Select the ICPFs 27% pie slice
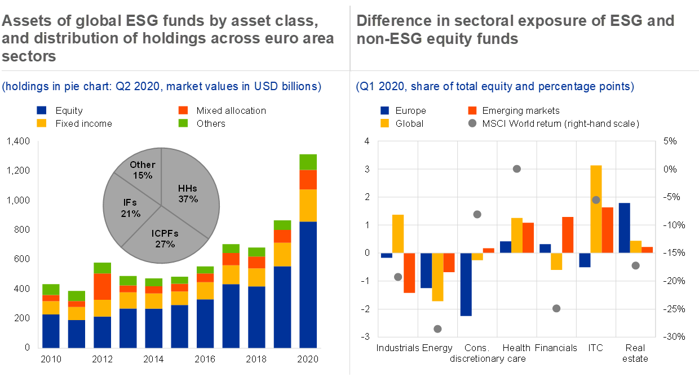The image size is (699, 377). click(163, 237)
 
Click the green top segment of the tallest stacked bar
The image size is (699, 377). click(308, 162)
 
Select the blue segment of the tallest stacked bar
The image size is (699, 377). click(308, 285)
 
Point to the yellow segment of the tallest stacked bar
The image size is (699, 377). click(308, 205)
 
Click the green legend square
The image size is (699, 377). click(183, 123)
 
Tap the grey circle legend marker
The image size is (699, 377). click(472, 123)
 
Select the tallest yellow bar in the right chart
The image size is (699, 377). click(596, 209)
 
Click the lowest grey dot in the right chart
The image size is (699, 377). click(437, 329)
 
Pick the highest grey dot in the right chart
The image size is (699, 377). click(516, 168)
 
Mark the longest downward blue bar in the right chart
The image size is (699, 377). click(466, 284)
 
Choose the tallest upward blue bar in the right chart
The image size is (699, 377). click(624, 228)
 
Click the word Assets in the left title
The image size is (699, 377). click(22, 21)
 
